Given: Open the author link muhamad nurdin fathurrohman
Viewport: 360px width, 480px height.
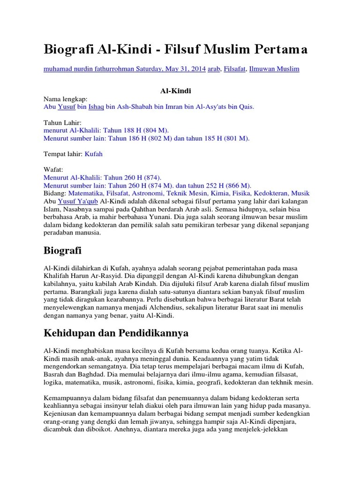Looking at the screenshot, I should coord(89,69).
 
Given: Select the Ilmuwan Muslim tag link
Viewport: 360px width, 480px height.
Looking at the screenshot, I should coord(274,69).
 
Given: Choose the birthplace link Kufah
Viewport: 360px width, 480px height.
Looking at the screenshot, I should coord(94,154).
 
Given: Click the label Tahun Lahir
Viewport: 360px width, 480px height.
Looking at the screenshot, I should coord(62,122).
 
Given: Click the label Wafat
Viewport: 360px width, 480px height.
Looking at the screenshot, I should coord(53,170).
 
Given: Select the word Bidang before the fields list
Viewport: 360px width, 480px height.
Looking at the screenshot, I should coord(54,193).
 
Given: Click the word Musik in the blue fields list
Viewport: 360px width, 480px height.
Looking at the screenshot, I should coord(300,193).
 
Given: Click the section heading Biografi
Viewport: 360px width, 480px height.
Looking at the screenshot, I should coord(62,251).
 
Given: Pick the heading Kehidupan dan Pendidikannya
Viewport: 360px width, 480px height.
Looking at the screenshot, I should coord(116,334).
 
